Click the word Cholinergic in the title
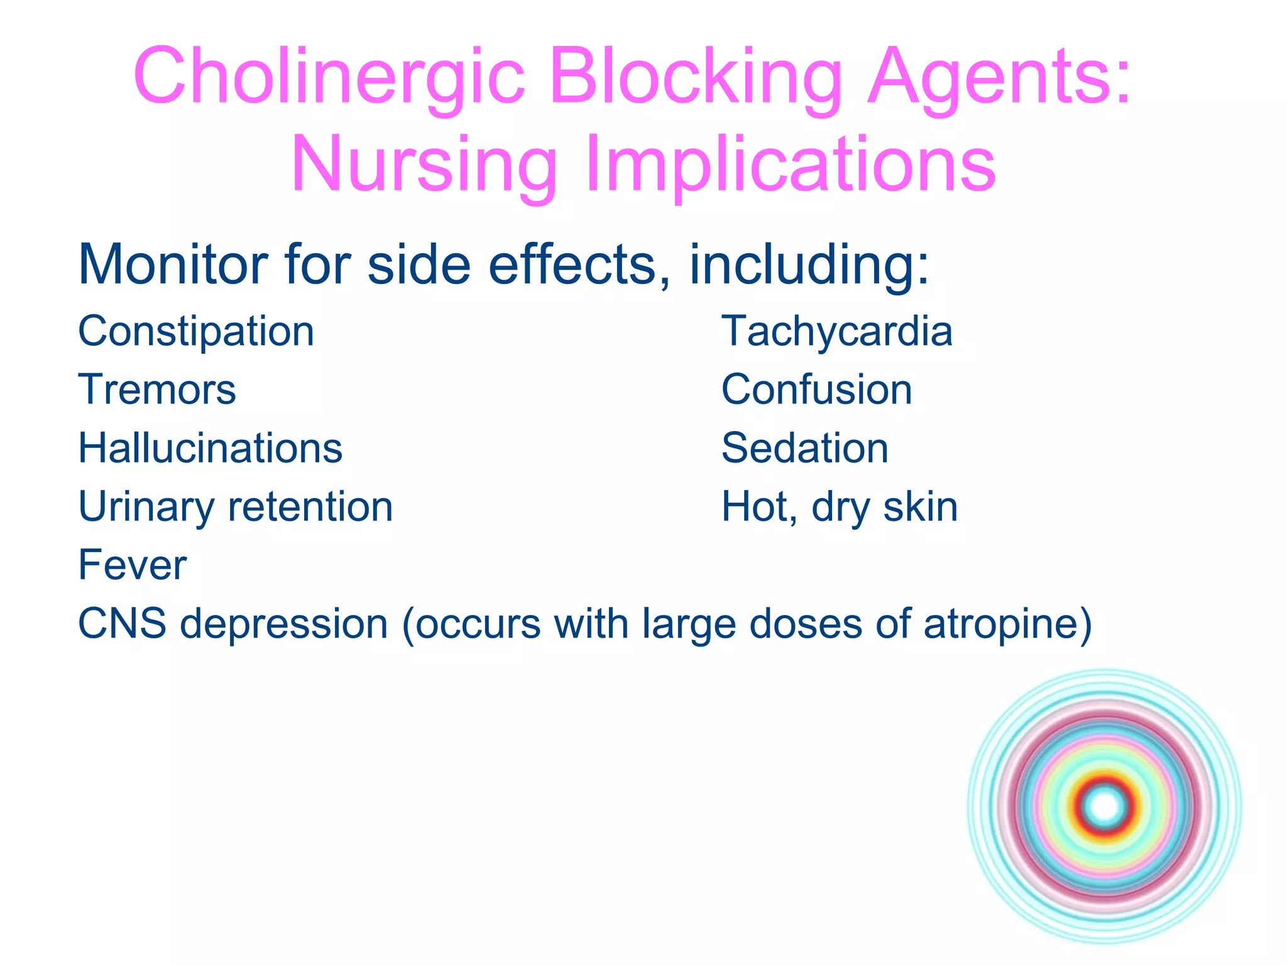pyautogui.click(x=329, y=77)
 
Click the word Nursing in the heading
pyautogui.click(x=424, y=165)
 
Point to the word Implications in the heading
pyautogui.click(x=791, y=165)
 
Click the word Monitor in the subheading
pyautogui.click(x=172, y=264)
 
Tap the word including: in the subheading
pyautogui.click(x=809, y=264)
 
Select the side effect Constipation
pyautogui.click(x=195, y=332)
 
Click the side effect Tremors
pyautogui.click(x=157, y=390)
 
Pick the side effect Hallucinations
pyautogui.click(x=210, y=449)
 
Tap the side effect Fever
pyautogui.click(x=132, y=565)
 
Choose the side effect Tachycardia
pyautogui.click(x=836, y=332)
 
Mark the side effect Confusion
pyautogui.click(x=816, y=390)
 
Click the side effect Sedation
pyautogui.click(x=804, y=449)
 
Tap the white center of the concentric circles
pyautogui.click(x=1105, y=806)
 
